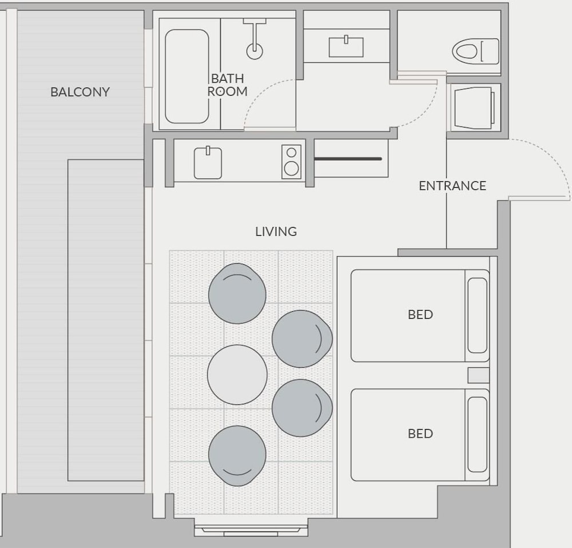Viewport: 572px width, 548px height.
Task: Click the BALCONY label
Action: pyautogui.click(x=80, y=92)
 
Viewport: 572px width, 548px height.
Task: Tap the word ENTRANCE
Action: pyautogui.click(x=452, y=186)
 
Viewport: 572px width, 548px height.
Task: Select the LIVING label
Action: pyautogui.click(x=276, y=231)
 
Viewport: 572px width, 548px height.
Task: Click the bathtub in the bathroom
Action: pyautogui.click(x=187, y=76)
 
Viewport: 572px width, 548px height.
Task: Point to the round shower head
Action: pyautogui.click(x=255, y=51)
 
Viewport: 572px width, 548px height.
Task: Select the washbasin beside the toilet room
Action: pyautogui.click(x=346, y=47)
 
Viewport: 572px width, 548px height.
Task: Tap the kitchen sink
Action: pyautogui.click(x=208, y=162)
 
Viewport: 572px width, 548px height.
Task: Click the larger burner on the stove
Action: pyautogui.click(x=291, y=168)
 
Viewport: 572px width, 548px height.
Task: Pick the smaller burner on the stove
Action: pyautogui.click(x=291, y=152)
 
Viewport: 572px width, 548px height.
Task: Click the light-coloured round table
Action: pyautogui.click(x=237, y=375)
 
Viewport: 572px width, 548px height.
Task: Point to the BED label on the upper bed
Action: pyautogui.click(x=420, y=315)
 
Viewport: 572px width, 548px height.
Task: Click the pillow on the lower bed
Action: pyautogui.click(x=477, y=435)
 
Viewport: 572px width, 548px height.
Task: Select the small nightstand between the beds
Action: pyautogui.click(x=478, y=375)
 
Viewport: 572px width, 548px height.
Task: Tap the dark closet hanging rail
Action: pyautogui.click(x=348, y=158)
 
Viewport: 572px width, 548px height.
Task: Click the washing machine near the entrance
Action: pyautogui.click(x=474, y=108)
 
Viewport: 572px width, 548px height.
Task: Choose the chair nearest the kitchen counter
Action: pyautogui.click(x=237, y=293)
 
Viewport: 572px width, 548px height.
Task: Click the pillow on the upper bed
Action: pyautogui.click(x=477, y=315)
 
